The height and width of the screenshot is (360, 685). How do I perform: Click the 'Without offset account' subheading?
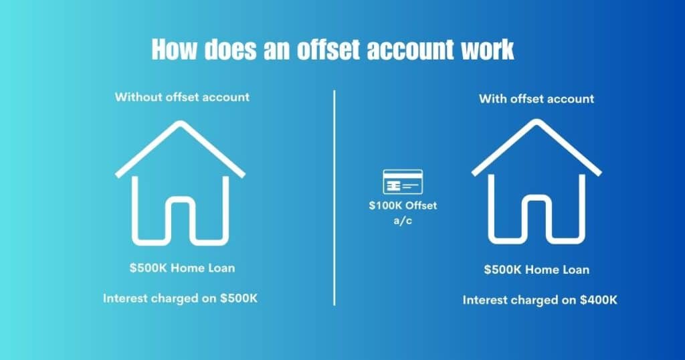tap(182, 97)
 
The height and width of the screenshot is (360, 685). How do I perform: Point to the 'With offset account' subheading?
tap(536, 99)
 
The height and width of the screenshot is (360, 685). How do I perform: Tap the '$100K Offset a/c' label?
tap(402, 212)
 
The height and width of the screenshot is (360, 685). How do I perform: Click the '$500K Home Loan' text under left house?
tap(182, 268)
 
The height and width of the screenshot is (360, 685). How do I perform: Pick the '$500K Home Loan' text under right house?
tap(536, 270)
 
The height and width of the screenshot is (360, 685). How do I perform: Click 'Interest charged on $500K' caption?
tap(180, 298)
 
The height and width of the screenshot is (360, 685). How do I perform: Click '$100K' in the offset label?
tap(384, 205)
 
